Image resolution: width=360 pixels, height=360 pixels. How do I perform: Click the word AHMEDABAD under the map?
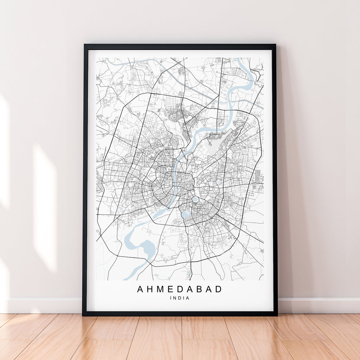[x=180, y=289]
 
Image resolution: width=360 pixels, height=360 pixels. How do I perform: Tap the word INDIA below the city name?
[x=180, y=298]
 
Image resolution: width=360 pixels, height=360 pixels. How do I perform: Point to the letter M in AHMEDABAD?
[x=162, y=289]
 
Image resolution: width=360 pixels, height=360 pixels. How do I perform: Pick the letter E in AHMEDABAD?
[x=172, y=289]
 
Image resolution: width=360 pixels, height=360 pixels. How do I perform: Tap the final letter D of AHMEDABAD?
[x=219, y=289]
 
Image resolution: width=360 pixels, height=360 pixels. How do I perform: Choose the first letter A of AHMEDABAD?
[x=140, y=289]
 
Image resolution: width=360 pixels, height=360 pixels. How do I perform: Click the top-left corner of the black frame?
[x=85, y=45]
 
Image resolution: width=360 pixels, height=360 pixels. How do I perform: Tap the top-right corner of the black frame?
[x=275, y=45]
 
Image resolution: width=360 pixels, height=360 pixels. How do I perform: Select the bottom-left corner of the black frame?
[x=83, y=315]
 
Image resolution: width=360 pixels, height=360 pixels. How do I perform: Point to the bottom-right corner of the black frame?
[x=277, y=315]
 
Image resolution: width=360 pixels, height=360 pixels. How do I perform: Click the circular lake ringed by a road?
[x=195, y=199]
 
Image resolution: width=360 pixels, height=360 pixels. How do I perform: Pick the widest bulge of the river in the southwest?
[x=147, y=248]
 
